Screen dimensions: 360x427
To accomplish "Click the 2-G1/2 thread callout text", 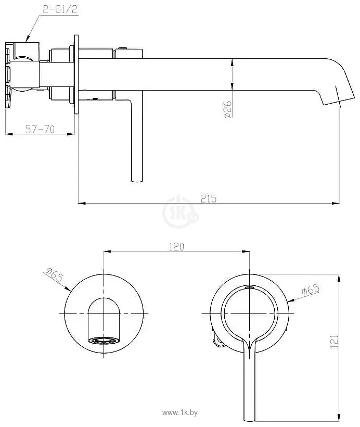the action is click(x=60, y=9).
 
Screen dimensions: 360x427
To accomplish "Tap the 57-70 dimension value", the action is click(x=40, y=129).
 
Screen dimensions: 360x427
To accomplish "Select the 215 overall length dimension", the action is click(x=209, y=198).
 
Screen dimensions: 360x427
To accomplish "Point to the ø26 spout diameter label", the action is click(x=228, y=109).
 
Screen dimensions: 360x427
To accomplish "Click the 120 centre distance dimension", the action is click(x=176, y=247).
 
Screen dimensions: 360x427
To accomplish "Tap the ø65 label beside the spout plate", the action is click(x=55, y=274).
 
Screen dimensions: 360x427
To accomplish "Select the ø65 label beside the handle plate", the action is click(x=311, y=289).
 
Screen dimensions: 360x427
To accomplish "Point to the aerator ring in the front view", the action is click(x=104, y=341).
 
